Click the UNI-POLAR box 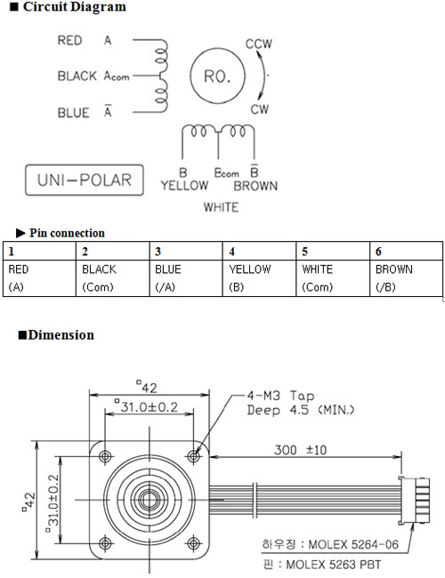coord(85,180)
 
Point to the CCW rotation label coord(259,44)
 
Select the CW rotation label coord(260,109)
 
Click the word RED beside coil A coord(69,40)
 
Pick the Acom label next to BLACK coord(117,76)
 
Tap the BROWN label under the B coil coord(255,186)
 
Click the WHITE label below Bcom coord(221,207)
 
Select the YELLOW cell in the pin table coord(259,278)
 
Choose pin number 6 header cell coord(406,251)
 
